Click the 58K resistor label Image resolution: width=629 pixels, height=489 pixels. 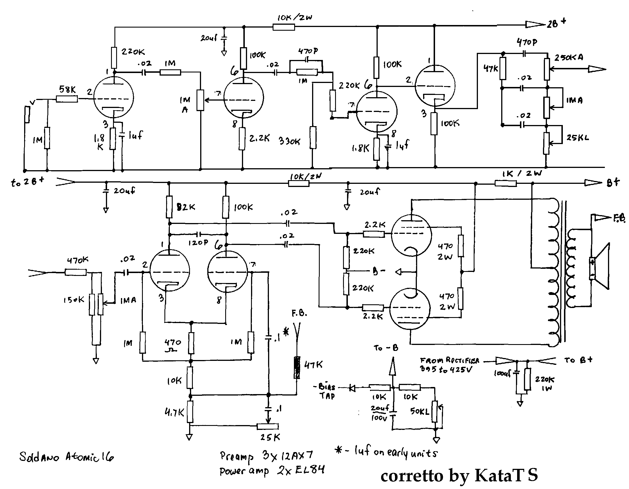click(67, 90)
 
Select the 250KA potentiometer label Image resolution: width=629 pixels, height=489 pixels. click(569, 58)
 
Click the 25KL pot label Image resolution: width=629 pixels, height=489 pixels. click(577, 138)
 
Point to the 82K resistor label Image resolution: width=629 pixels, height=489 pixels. click(186, 207)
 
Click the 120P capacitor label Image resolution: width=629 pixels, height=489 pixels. click(198, 243)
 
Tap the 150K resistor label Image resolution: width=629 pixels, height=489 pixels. click(74, 300)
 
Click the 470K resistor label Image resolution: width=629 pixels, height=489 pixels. click(78, 261)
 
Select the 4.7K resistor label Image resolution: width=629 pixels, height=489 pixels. click(174, 413)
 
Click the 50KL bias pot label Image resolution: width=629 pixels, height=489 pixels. click(420, 411)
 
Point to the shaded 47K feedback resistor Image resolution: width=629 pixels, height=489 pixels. click(297, 368)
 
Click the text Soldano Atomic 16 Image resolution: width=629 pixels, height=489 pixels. click(66, 457)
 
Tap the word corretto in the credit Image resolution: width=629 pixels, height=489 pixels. click(412, 476)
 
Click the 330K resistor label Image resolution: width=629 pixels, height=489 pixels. click(289, 141)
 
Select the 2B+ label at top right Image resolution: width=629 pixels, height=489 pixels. click(556, 23)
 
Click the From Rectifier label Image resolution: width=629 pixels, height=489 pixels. click(449, 361)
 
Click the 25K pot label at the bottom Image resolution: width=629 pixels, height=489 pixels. click(270, 437)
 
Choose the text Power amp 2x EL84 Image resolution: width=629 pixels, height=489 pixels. click(272, 471)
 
